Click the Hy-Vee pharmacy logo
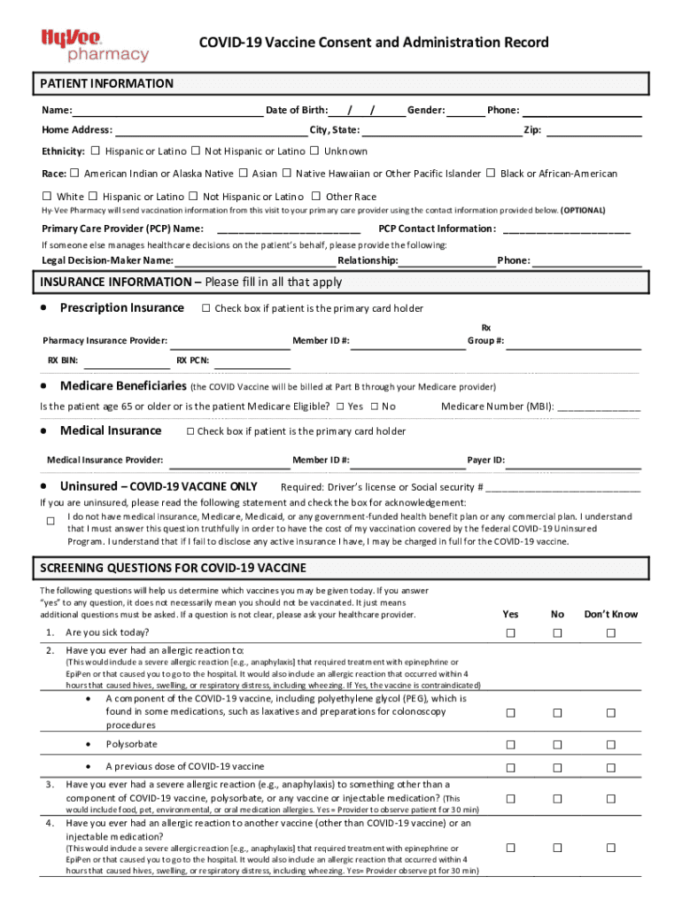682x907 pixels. (95, 45)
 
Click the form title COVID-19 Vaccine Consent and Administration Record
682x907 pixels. (373, 43)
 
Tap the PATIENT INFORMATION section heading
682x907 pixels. (107, 83)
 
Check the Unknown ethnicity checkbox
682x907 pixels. (314, 151)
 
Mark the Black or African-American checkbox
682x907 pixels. (491, 174)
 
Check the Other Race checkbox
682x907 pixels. (316, 196)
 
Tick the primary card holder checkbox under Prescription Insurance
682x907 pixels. (205, 308)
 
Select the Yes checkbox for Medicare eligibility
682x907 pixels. (340, 407)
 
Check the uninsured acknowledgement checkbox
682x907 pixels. (50, 520)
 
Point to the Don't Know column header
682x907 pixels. (610, 614)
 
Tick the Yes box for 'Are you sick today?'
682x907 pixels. (510, 632)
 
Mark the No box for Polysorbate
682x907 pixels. (557, 744)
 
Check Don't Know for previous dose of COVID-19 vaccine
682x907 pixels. (610, 767)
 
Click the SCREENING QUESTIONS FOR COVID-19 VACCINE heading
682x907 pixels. (174, 567)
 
